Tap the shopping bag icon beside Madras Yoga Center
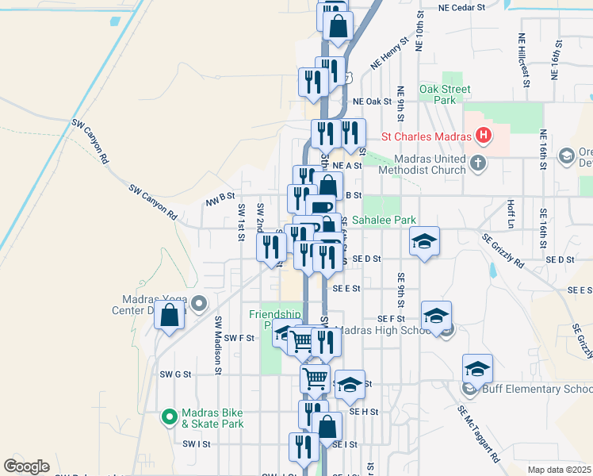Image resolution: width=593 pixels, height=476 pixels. (169, 316)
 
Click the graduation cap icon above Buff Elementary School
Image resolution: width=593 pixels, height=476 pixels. (477, 369)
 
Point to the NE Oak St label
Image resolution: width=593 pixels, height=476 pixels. (373, 102)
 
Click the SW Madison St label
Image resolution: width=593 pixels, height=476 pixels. (217, 340)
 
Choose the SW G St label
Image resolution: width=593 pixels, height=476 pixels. (176, 374)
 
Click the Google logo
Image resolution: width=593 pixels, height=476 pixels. (26, 466)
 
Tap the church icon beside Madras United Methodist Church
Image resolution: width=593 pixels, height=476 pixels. (478, 163)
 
